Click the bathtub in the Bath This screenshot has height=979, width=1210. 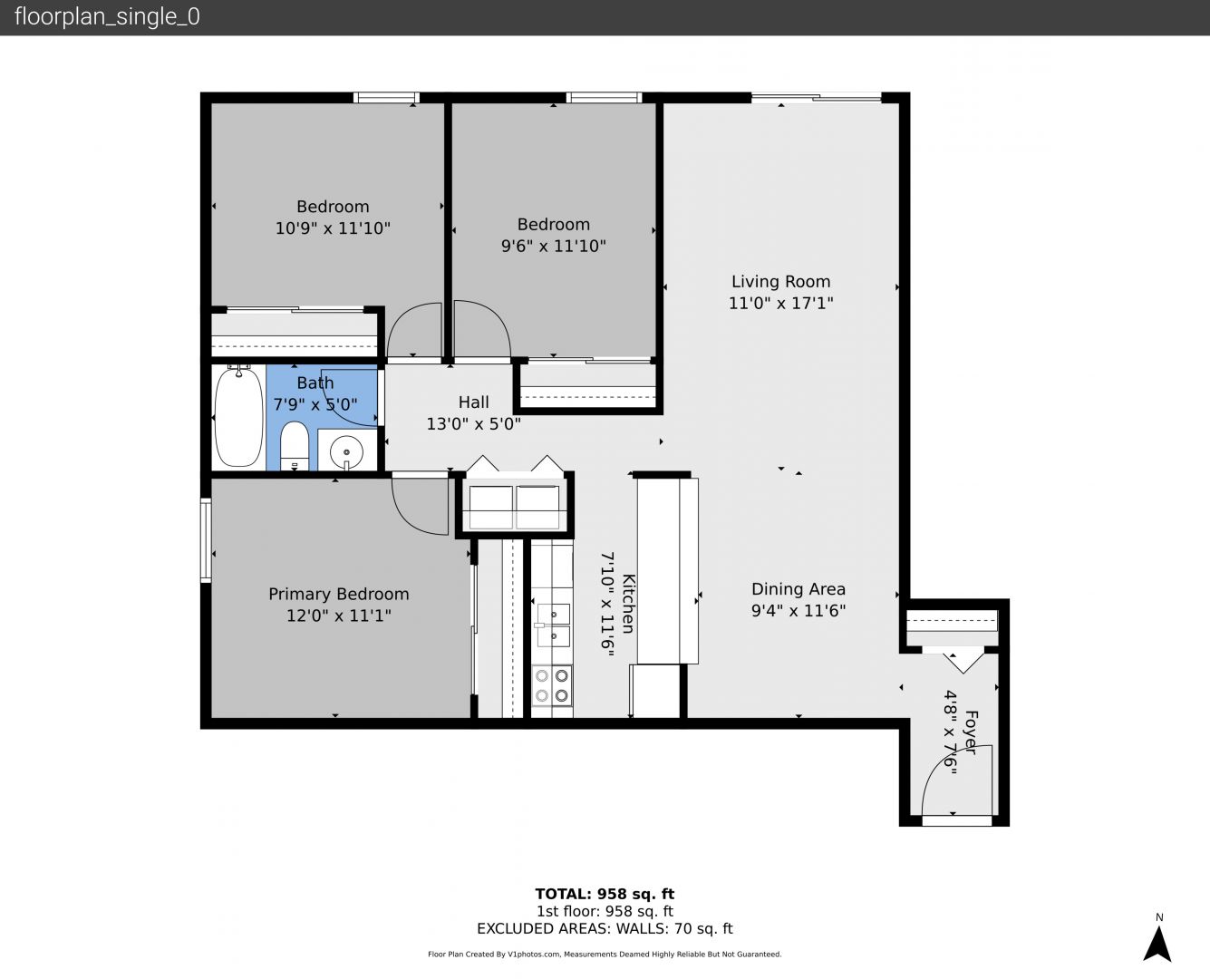point(238,416)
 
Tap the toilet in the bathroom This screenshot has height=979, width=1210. point(295,446)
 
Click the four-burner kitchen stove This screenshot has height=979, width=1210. point(552,685)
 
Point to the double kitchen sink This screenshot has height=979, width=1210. point(553,625)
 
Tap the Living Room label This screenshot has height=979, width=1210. point(780,281)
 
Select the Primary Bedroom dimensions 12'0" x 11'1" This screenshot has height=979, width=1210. point(339,616)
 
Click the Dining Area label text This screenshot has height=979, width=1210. point(799,588)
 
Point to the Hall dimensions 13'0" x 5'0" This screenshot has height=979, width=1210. point(473,424)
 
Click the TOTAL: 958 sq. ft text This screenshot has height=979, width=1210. point(605,894)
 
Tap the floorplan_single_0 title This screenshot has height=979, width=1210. point(107,17)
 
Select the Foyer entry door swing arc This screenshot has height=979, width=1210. point(957,781)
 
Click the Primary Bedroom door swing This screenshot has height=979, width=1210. point(421,506)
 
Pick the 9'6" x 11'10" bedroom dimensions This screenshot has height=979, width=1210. point(553,246)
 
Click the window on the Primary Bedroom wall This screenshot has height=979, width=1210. point(206,539)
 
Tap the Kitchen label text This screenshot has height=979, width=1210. point(628,604)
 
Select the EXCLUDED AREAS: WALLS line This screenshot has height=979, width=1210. point(605,928)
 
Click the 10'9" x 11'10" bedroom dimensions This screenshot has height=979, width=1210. point(333,228)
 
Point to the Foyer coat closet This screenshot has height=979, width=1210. point(952,621)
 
